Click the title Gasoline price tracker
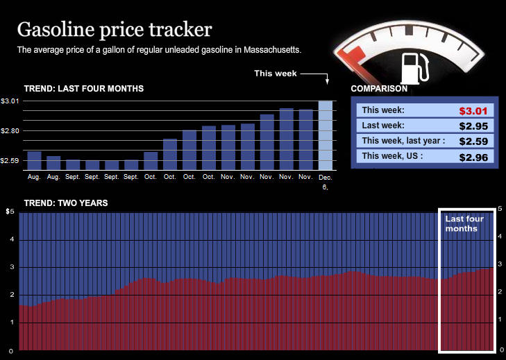(x=115, y=30)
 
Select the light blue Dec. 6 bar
(x=326, y=135)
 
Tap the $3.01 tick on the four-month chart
(x=10, y=101)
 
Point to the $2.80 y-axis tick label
(x=10, y=131)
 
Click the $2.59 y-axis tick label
(x=10, y=161)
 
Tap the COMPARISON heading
(x=379, y=89)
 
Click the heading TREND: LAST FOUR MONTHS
(x=84, y=89)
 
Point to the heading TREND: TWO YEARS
(x=66, y=203)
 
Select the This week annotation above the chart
(x=275, y=74)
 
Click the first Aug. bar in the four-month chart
(x=34, y=160)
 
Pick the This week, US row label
(x=392, y=157)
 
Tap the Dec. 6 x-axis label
(x=326, y=182)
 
